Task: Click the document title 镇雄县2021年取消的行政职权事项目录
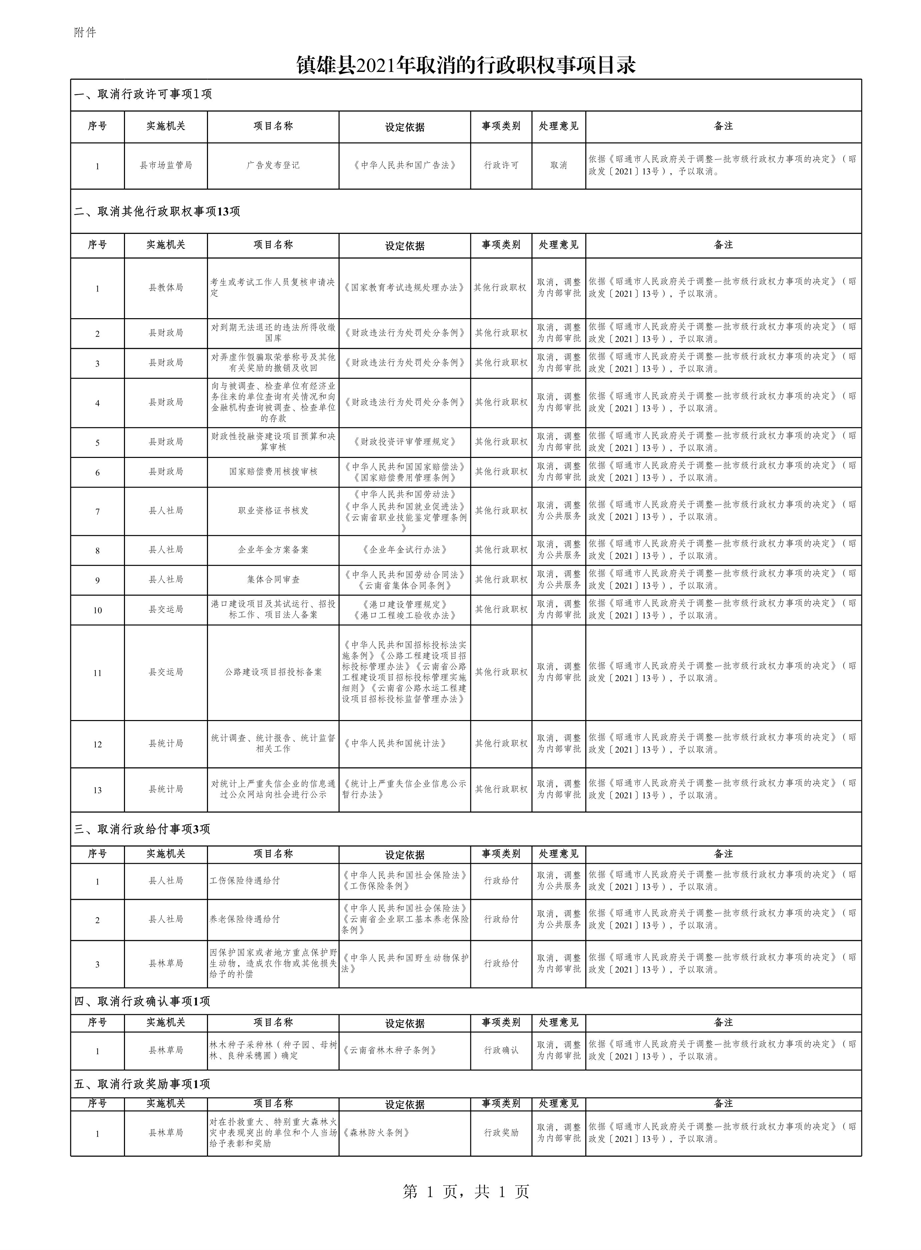[466, 66]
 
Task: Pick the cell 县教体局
[166, 288]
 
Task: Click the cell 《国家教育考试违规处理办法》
[404, 288]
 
